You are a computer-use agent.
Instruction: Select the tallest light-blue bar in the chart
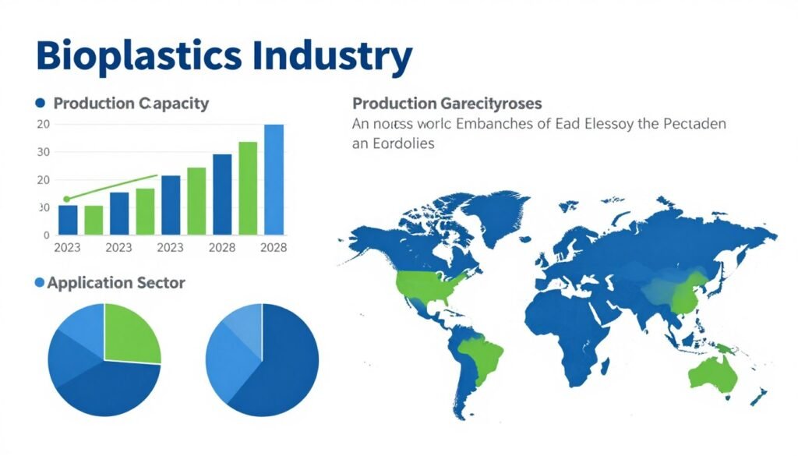pyautogui.click(x=274, y=179)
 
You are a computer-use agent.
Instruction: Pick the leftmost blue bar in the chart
pyautogui.click(x=68, y=219)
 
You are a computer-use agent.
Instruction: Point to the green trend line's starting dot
pyautogui.click(x=66, y=200)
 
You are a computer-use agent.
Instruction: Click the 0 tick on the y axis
pyautogui.click(x=47, y=234)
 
